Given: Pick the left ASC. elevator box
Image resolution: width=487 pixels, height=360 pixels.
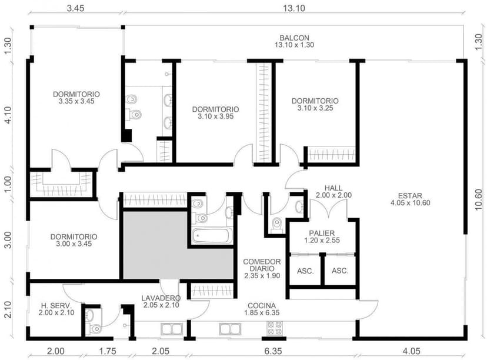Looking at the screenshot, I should tap(305, 271).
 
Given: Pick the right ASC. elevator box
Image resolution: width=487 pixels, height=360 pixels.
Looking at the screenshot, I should tap(340, 271).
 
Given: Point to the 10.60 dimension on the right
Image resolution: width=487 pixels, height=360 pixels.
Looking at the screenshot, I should tap(479, 195).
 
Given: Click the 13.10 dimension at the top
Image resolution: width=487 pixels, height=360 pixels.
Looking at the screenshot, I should tap(292, 8).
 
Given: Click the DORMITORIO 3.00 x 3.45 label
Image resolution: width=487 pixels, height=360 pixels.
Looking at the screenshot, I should tap(74, 240).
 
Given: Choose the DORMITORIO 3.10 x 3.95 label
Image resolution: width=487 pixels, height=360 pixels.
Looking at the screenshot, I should tap(215, 113).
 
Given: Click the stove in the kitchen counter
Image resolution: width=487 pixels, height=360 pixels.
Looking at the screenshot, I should tap(275, 329).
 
